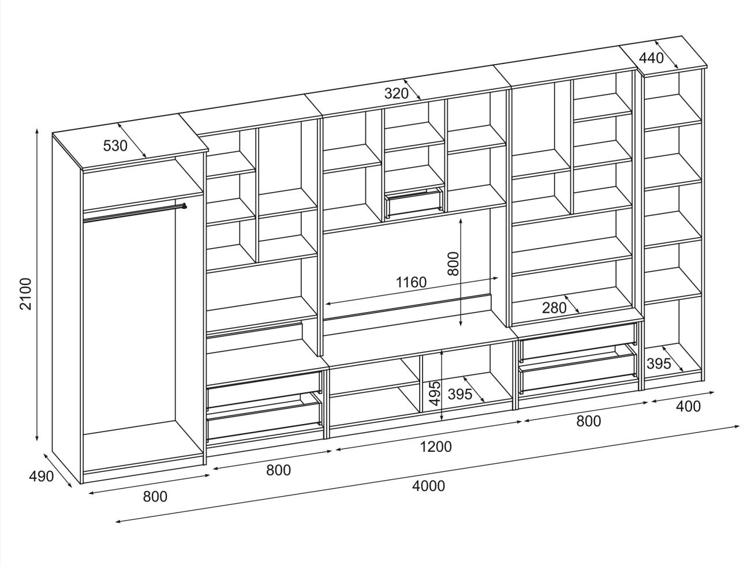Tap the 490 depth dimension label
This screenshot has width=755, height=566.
pyautogui.click(x=40, y=477)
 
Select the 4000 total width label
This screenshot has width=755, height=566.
pyautogui.click(x=429, y=486)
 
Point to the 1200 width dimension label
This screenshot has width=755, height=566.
pyautogui.click(x=436, y=446)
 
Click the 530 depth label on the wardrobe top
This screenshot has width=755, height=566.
pyautogui.click(x=115, y=146)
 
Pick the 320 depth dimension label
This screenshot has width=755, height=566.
pyautogui.click(x=397, y=93)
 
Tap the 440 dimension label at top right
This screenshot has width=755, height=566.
pyautogui.click(x=651, y=58)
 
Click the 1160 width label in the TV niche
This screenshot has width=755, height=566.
pyautogui.click(x=411, y=283)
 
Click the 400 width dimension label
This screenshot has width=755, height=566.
pyautogui.click(x=687, y=407)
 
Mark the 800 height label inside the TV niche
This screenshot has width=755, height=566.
pyautogui.click(x=453, y=264)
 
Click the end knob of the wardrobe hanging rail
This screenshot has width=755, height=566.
pyautogui.click(x=184, y=205)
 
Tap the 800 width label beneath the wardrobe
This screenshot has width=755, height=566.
pyautogui.click(x=155, y=496)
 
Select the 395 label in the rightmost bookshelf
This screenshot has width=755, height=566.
pyautogui.click(x=659, y=363)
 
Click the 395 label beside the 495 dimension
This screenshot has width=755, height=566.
pyautogui.click(x=460, y=395)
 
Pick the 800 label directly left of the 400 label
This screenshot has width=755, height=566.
pyautogui.click(x=589, y=421)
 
